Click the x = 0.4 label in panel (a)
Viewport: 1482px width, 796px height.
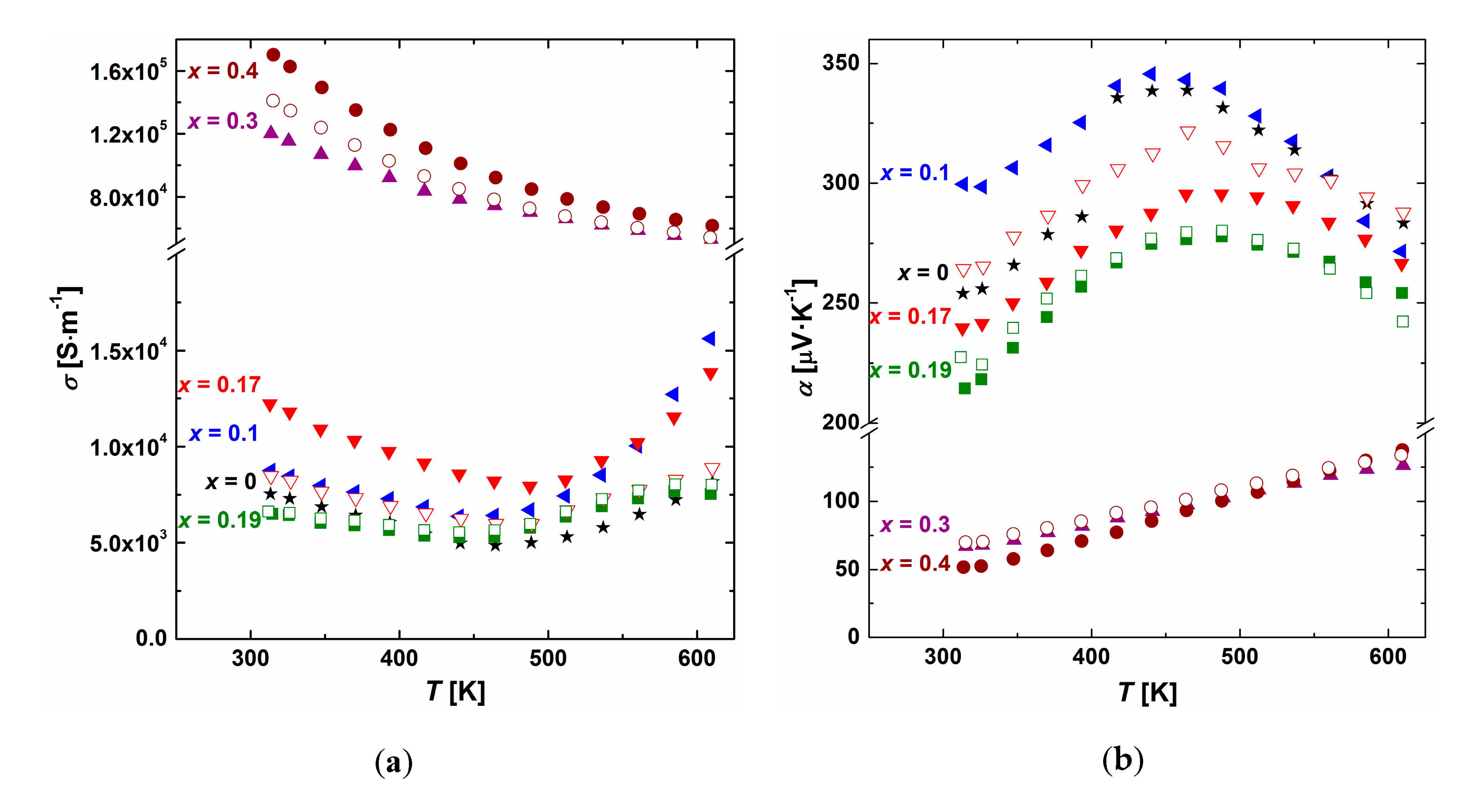223,71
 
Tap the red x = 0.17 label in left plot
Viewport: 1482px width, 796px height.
219,384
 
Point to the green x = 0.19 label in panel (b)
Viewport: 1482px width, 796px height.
910,370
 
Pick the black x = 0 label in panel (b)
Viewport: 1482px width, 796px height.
923,273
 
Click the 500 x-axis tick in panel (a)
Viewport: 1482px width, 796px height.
548,658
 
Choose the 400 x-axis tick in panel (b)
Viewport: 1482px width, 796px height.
1091,657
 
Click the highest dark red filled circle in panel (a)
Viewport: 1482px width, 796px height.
273,55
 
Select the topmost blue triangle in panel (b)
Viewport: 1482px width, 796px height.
1149,74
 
